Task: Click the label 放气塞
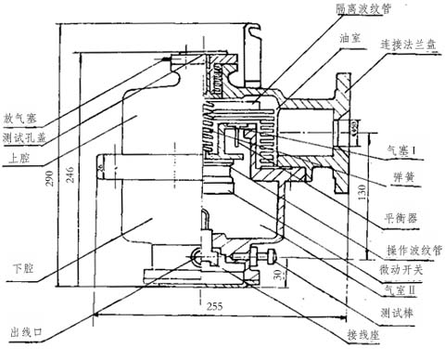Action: tap(19, 119)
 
